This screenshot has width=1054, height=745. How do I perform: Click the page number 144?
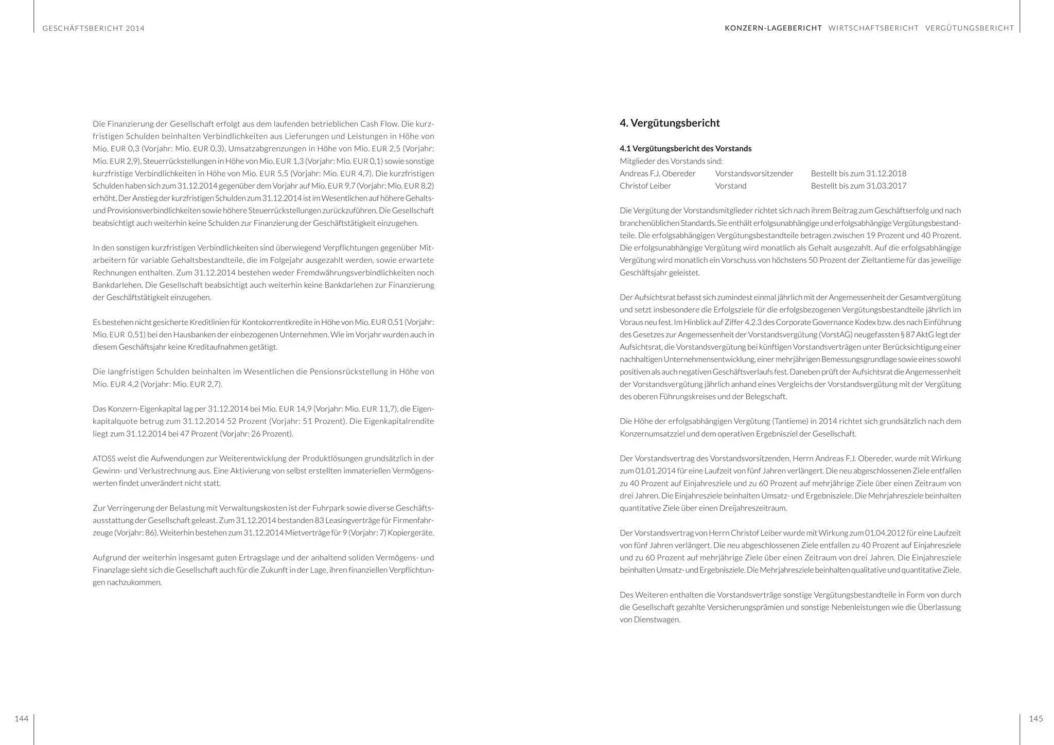pyautogui.click(x=21, y=719)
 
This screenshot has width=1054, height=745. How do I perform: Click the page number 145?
pyautogui.click(x=1035, y=719)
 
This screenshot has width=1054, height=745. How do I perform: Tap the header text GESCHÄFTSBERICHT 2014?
pyautogui.click(x=94, y=28)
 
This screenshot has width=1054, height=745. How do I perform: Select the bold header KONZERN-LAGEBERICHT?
pyautogui.click(x=773, y=28)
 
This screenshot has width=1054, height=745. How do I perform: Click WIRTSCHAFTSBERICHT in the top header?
pyautogui.click(x=873, y=28)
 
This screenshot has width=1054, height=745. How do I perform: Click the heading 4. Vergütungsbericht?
pyautogui.click(x=670, y=123)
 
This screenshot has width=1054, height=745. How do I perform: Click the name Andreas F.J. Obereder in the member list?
pyautogui.click(x=657, y=173)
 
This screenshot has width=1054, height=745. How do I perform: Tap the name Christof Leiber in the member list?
pyautogui.click(x=645, y=186)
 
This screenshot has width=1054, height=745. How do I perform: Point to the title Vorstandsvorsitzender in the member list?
pyautogui.click(x=754, y=173)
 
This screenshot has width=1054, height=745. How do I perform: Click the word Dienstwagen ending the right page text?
pyautogui.click(x=654, y=620)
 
